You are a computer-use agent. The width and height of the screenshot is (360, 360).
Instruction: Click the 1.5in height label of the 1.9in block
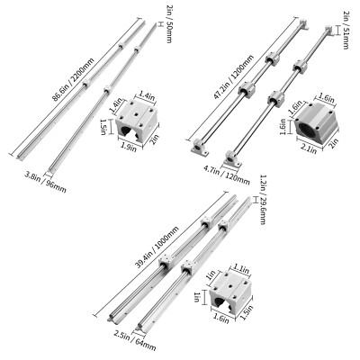point(104,129)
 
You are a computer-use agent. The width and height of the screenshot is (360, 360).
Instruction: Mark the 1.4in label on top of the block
point(147,93)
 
